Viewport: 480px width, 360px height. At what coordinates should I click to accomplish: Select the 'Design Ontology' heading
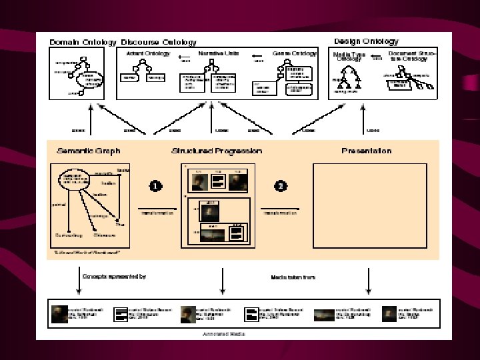point(366,41)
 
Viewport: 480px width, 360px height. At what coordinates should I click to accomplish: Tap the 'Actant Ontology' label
point(147,53)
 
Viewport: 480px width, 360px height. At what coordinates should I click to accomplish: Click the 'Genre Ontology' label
point(295,53)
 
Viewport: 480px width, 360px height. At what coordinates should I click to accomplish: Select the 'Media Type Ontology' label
point(349,57)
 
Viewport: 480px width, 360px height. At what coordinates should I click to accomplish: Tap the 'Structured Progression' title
point(217,151)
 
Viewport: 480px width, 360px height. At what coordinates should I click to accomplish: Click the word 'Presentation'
point(366,151)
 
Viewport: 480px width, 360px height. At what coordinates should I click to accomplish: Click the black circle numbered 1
point(155,187)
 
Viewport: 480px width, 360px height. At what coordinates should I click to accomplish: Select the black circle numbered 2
point(281,187)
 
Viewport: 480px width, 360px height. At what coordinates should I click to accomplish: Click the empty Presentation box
point(366,206)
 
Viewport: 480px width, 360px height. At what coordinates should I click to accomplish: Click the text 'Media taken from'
point(293,277)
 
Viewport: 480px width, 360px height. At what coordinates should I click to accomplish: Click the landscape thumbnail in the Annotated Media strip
point(324,314)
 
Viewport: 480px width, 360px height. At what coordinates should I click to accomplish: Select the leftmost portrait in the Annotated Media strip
point(59,314)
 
